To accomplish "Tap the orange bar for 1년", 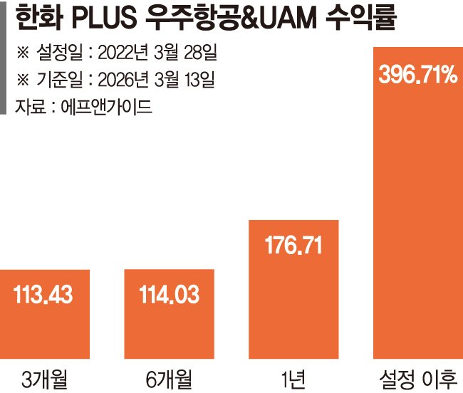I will (293, 288).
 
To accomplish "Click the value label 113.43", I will (45, 294).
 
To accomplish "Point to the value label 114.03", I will (170, 294).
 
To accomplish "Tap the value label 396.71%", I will (417, 73).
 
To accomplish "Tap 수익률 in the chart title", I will (370, 19).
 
